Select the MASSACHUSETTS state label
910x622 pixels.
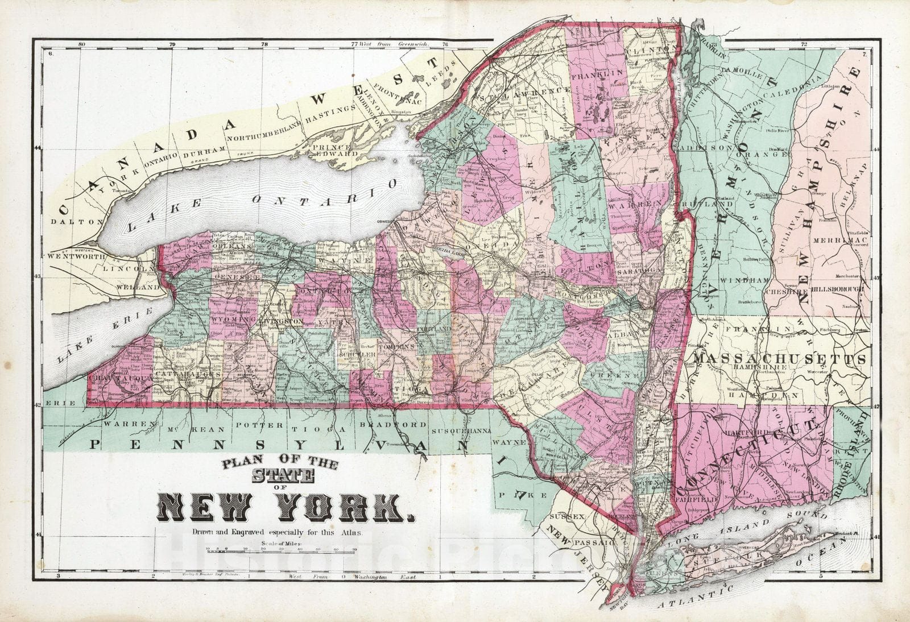click(x=780, y=359)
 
